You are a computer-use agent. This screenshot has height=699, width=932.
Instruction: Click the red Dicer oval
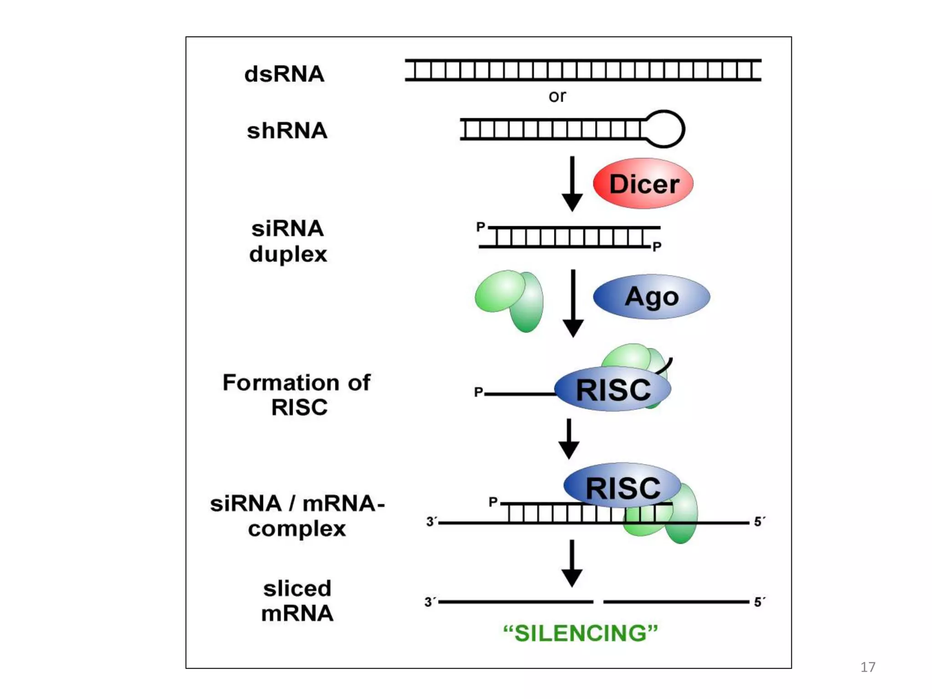(643, 183)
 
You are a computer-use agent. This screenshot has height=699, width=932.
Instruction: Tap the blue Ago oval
(651, 297)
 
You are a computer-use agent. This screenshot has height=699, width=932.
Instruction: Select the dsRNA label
(284, 74)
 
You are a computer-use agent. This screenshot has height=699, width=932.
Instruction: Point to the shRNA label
(287, 131)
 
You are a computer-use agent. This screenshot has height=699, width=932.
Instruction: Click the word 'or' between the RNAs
(557, 96)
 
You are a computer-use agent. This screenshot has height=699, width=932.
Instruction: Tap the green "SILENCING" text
(580, 633)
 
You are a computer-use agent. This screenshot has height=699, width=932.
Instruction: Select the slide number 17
(868, 667)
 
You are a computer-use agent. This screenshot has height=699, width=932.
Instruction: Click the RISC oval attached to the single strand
(613, 390)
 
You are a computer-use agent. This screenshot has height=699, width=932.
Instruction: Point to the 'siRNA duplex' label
(288, 241)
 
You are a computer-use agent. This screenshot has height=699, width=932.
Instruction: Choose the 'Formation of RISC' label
(297, 395)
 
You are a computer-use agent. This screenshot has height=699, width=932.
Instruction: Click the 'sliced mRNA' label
(297, 601)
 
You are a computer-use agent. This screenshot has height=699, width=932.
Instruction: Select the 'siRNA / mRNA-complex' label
(297, 516)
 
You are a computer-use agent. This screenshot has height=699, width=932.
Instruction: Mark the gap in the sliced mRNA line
(598, 602)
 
